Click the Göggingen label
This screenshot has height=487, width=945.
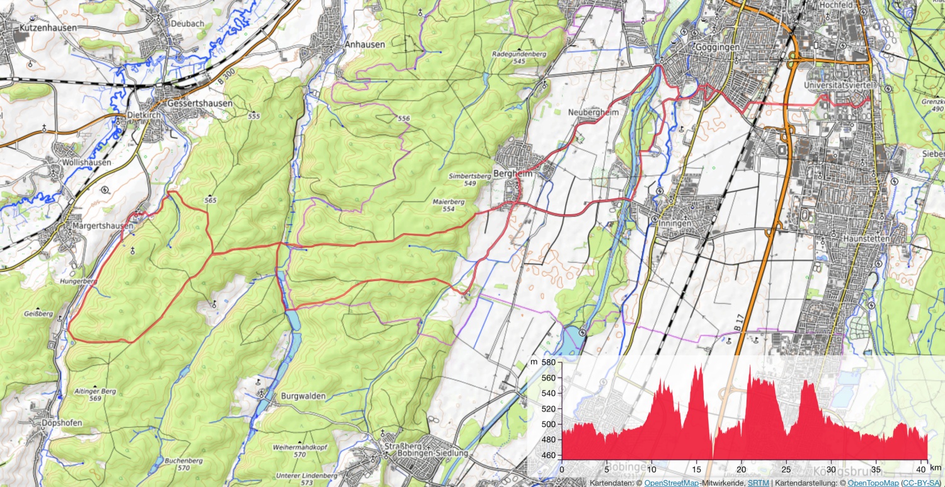[x=716, y=47]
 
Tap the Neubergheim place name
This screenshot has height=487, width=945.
[x=593, y=112]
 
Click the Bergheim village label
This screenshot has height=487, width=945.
[x=513, y=174]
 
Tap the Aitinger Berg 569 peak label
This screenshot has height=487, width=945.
[x=95, y=395]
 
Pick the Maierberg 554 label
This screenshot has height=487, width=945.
[x=448, y=205]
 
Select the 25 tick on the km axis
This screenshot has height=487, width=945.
[x=786, y=469]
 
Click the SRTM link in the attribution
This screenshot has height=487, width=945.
[x=758, y=483]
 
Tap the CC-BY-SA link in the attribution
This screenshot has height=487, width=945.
[x=922, y=483]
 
